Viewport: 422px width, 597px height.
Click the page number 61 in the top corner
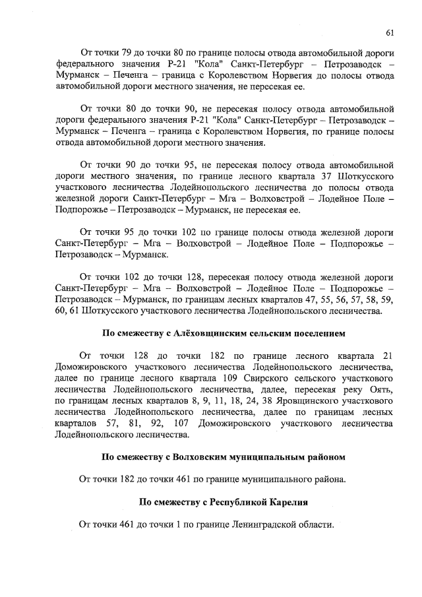[390, 32]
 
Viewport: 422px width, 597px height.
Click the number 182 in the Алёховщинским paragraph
[210, 356]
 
